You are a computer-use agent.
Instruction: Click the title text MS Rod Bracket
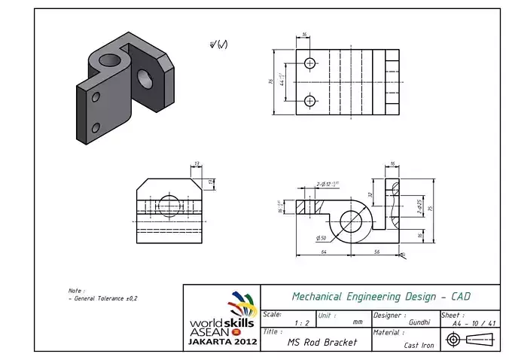(322, 342)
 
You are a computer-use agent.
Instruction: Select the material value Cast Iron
(418, 345)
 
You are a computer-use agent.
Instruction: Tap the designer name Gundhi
(419, 322)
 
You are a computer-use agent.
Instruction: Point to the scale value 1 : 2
(302, 323)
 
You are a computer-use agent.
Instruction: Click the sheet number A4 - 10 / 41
(474, 323)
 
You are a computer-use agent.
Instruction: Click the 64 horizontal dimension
(323, 251)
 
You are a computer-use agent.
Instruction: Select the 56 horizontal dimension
(376, 251)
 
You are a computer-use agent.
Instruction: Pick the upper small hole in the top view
(309, 64)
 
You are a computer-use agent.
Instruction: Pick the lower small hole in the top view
(309, 101)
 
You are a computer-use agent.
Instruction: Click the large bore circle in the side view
(351, 221)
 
